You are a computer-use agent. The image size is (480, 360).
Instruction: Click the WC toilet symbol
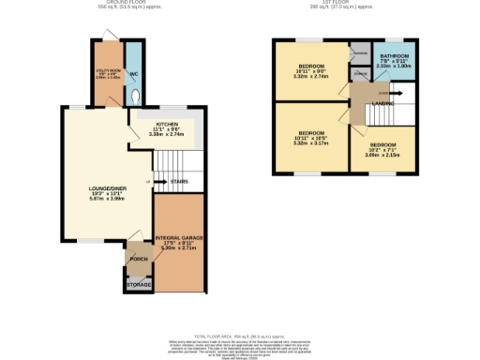(x=137, y=95)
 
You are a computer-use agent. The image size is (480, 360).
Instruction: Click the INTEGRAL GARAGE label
(x=178, y=239)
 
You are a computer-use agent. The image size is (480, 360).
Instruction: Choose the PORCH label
(x=139, y=257)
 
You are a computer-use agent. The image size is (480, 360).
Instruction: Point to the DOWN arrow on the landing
(x=382, y=93)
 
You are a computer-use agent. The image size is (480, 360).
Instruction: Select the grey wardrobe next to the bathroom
(x=358, y=52)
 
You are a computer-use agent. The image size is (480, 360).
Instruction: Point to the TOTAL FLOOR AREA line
(x=239, y=336)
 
